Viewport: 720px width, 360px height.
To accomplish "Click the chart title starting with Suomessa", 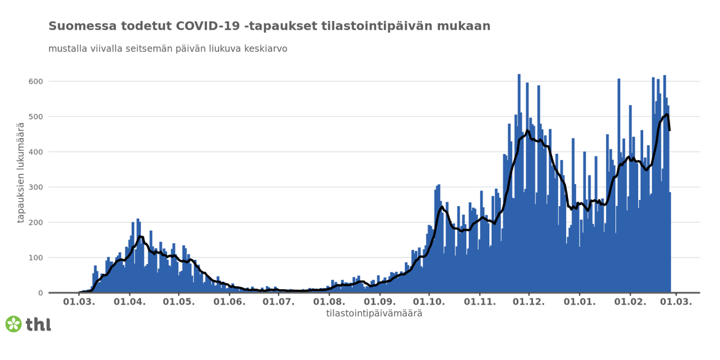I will coord(269,26).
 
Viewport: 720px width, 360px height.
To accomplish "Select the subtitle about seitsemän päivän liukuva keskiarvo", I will coord(167,49).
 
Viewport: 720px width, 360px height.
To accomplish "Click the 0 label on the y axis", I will coord(39,293).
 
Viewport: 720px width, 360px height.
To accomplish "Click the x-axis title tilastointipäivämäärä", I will coord(374,314).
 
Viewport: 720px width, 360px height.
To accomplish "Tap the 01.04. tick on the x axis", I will coord(129,302).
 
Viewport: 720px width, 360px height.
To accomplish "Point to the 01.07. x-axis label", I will coord(279,302).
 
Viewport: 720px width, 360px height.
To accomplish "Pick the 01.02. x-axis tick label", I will coord(631,302).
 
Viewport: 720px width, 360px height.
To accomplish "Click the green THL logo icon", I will coord(14,324).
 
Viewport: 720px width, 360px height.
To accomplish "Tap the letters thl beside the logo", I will coord(38,324).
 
